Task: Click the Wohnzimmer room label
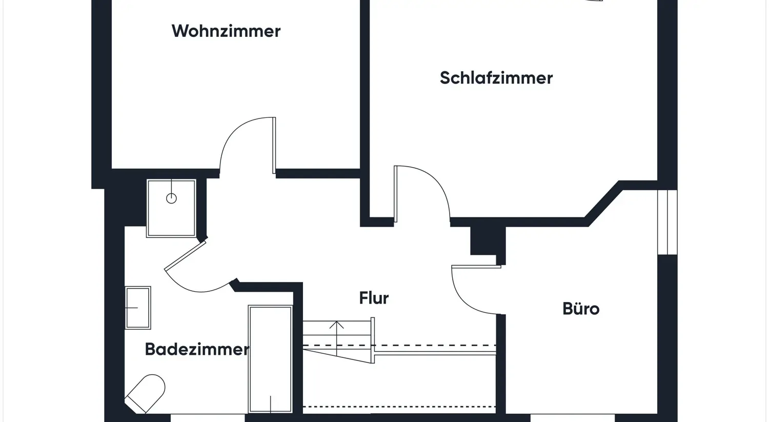pos(226,31)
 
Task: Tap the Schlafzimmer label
pos(496,78)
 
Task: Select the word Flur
pos(374,298)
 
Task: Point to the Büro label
pos(580,309)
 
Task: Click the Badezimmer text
pos(196,349)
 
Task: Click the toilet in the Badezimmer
pos(147,392)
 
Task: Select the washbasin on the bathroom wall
pos(138,308)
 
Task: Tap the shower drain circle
pos(171,198)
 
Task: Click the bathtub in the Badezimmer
pos(270,359)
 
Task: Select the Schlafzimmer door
pos(396,194)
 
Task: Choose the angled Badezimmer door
pos(185,255)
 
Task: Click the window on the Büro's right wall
pos(667,222)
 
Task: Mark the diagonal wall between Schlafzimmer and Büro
pos(604,204)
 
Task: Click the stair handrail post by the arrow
pos(373,340)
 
